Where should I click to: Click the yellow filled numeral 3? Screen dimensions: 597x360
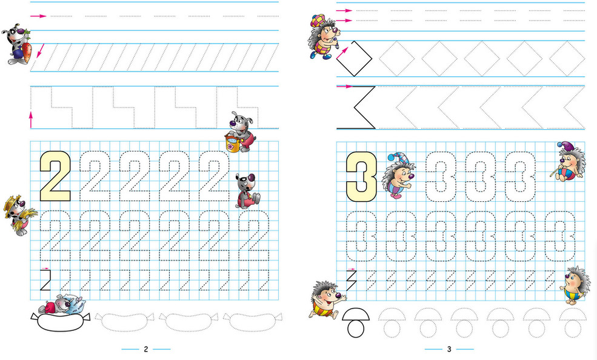click(362, 176)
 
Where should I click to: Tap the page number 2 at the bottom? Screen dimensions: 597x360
click(146, 349)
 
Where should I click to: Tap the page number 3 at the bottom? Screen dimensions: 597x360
click(449, 349)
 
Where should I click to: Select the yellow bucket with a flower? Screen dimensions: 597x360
click(232, 142)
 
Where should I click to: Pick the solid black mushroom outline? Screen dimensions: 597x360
click(356, 322)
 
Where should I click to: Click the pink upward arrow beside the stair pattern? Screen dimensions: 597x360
click(31, 120)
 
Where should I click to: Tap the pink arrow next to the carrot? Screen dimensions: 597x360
click(41, 51)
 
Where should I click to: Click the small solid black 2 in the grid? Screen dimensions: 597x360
click(45, 280)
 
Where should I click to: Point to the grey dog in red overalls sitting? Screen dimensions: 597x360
click(247, 192)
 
